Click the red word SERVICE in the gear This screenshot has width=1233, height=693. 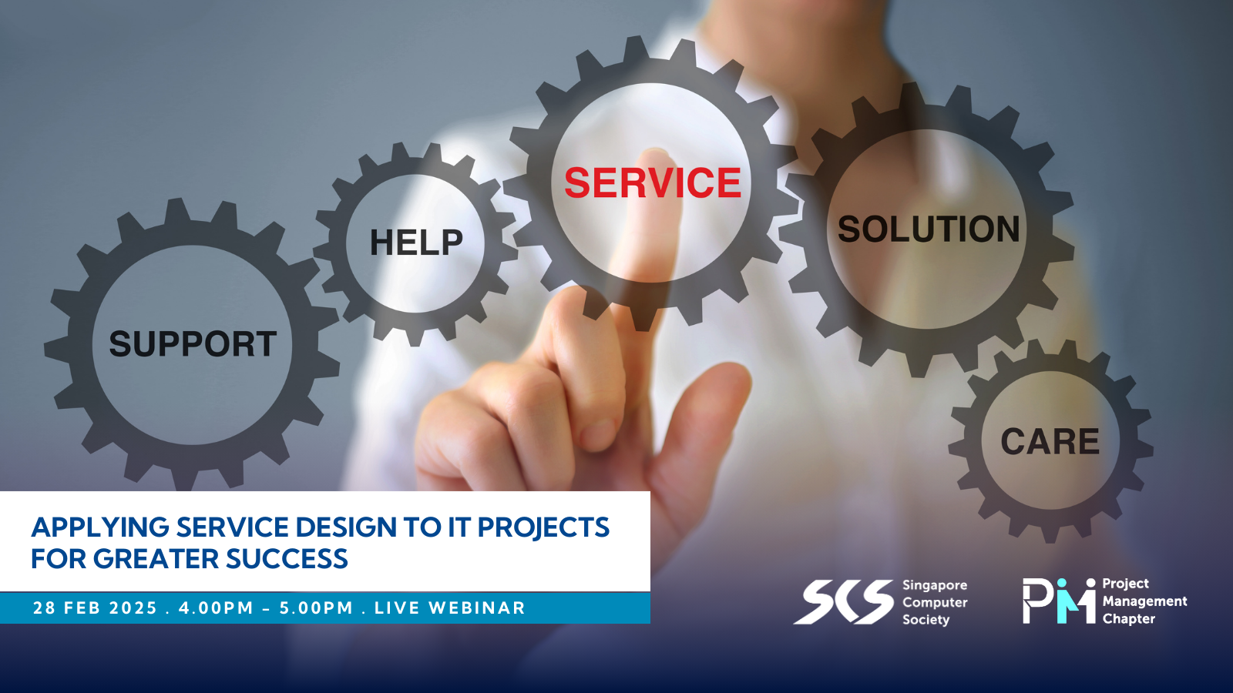[x=653, y=182]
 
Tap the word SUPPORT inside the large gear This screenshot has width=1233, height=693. [x=193, y=343]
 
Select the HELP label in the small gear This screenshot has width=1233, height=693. [x=416, y=243]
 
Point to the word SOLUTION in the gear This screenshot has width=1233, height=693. [x=929, y=229]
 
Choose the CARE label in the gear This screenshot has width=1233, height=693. [x=1050, y=441]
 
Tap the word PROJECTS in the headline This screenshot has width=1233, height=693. [x=543, y=527]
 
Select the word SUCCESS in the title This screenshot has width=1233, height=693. [x=287, y=559]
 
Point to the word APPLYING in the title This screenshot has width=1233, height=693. [x=100, y=528]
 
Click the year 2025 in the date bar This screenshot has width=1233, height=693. [x=133, y=608]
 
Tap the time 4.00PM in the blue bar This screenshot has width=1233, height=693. [x=216, y=608]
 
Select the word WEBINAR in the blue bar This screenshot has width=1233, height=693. [x=477, y=608]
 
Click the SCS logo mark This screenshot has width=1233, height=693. [x=843, y=602]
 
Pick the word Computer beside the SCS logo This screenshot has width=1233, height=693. [x=935, y=603]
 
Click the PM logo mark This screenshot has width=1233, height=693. [x=1059, y=601]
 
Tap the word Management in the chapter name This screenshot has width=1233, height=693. [x=1144, y=601]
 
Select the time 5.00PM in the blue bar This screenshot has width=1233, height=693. [x=317, y=608]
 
